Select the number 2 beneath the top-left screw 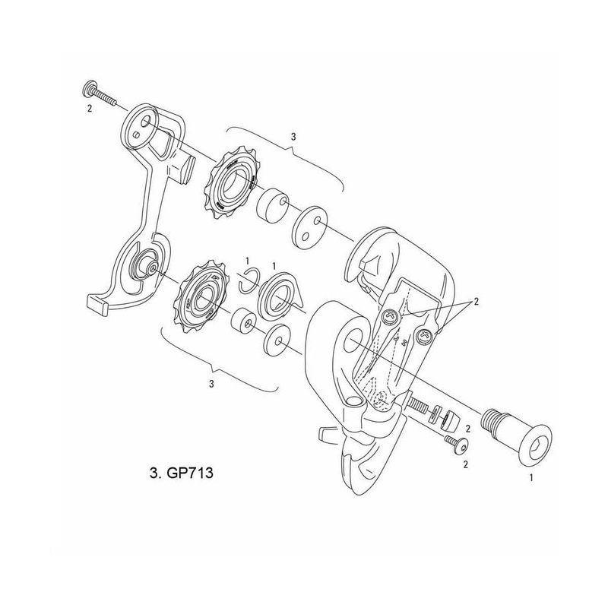coord(90,109)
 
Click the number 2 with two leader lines coord(476,302)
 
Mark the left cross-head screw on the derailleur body coord(391,316)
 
